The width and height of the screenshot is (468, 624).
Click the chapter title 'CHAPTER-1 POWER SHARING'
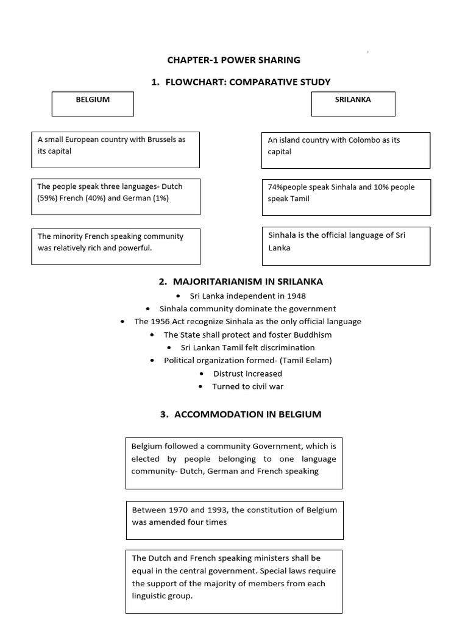[234, 60]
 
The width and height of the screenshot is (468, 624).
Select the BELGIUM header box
[93, 104]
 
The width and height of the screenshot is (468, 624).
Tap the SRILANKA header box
[353, 104]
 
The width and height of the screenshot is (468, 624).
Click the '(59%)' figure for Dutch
[48, 198]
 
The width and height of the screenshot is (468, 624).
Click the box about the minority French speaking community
[116, 246]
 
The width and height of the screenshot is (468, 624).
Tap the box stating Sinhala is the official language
[346, 246]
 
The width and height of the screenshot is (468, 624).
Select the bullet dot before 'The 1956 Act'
[124, 322]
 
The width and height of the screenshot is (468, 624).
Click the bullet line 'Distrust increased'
[247, 374]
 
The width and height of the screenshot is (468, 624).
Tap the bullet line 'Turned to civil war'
[247, 386]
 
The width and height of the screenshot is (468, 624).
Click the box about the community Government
[234, 463]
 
